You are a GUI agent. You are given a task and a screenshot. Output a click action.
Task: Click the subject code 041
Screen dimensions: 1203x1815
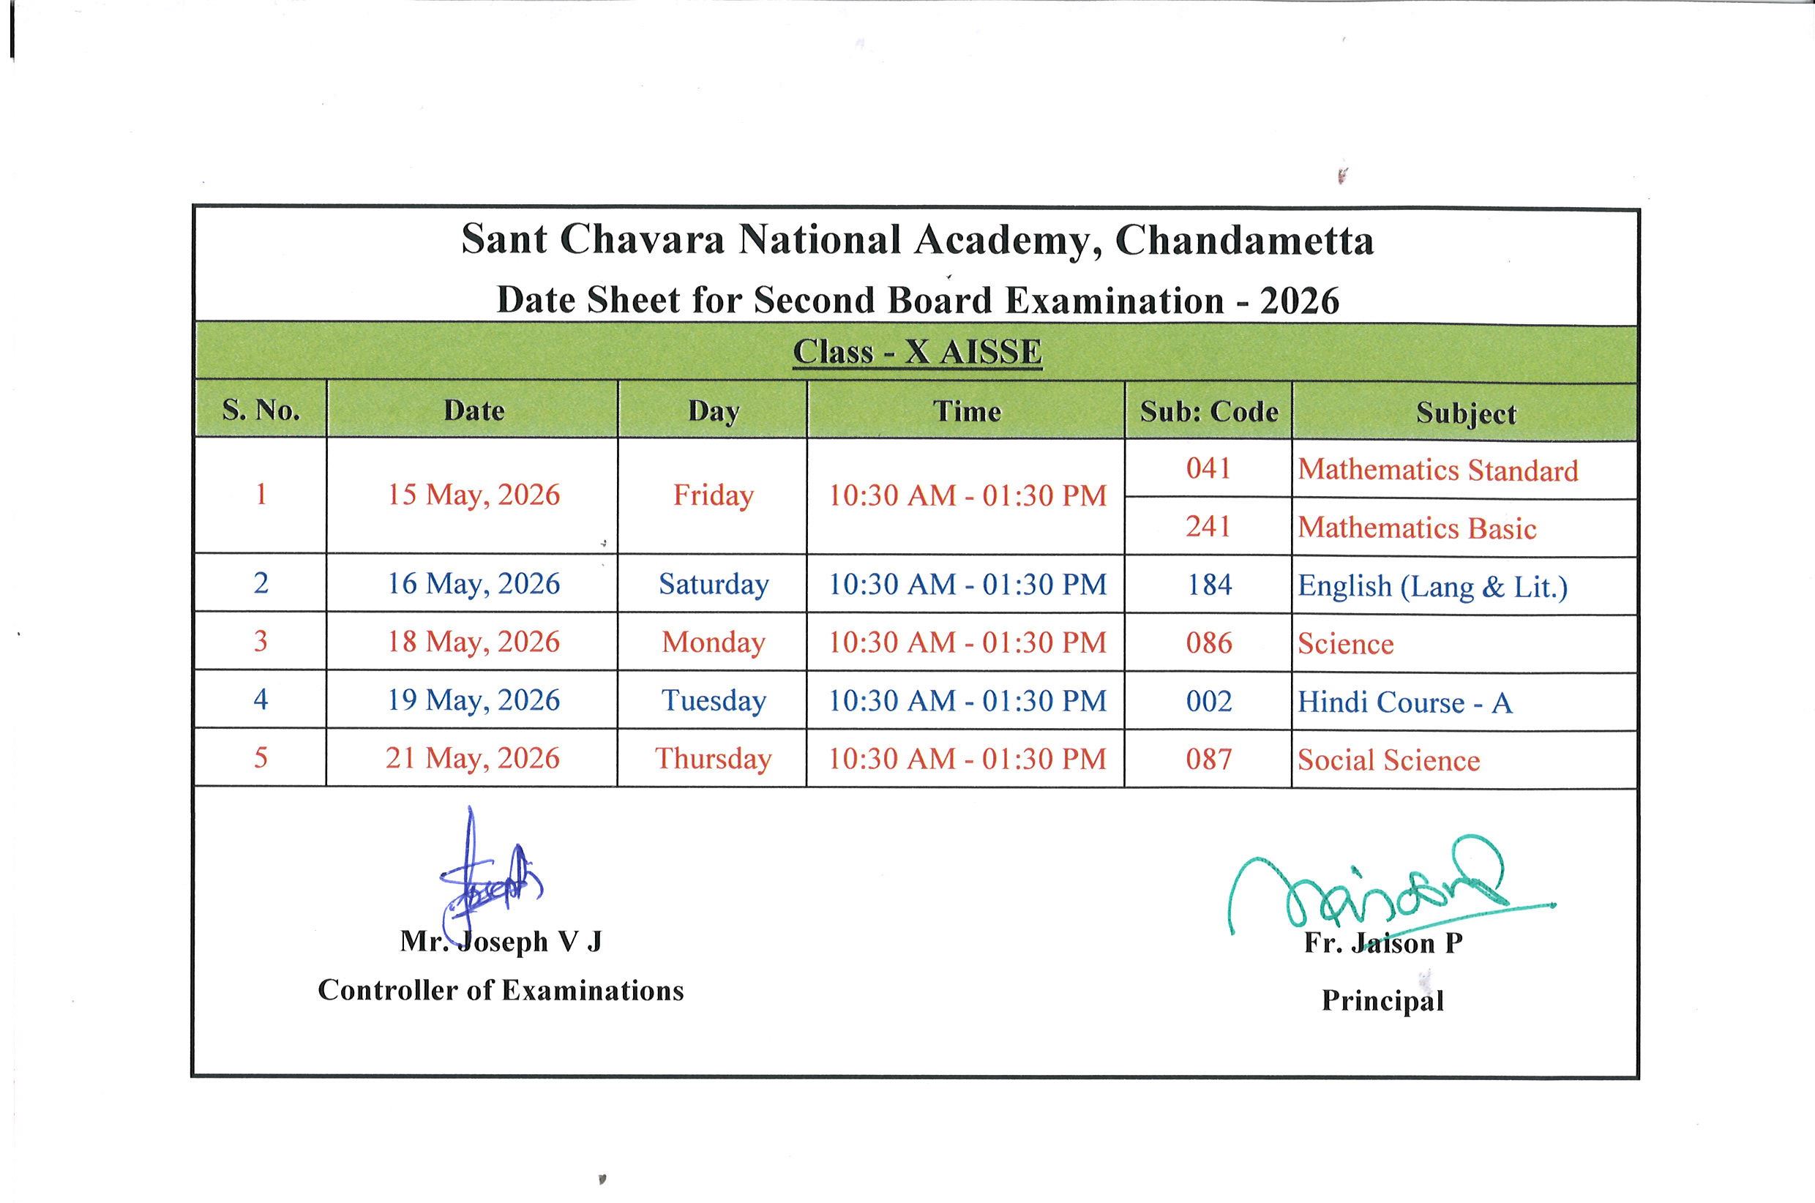point(1208,468)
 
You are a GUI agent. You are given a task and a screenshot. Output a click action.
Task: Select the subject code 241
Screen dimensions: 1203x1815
point(1208,527)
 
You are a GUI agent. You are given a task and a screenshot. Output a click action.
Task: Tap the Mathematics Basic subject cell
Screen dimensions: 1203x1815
point(1417,528)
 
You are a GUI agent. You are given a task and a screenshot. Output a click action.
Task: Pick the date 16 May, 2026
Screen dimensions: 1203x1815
point(474,584)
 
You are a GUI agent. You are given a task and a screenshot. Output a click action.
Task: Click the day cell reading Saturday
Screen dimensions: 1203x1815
point(714,585)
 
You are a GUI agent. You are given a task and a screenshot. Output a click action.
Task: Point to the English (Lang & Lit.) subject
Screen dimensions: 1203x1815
point(1432,587)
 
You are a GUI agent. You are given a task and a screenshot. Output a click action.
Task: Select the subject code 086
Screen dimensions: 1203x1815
point(1209,643)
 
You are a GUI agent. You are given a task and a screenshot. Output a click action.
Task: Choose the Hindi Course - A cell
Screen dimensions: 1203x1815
point(1404,702)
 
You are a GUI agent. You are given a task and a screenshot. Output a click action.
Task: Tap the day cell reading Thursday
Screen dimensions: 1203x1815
point(714,759)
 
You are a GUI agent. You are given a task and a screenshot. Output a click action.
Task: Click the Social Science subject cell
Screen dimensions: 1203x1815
point(1388,760)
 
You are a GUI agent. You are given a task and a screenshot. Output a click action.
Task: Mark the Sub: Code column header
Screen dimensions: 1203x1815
point(1209,412)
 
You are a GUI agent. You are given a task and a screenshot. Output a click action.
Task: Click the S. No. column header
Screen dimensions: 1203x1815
point(261,411)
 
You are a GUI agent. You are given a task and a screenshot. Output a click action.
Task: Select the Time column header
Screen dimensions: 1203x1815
point(967,412)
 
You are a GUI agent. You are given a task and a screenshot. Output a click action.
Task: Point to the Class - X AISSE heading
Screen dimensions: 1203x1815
point(918,352)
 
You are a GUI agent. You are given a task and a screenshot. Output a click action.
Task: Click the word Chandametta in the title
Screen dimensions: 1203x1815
point(1243,241)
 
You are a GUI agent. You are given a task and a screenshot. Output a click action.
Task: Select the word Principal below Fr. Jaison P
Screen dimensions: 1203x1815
point(1382,1000)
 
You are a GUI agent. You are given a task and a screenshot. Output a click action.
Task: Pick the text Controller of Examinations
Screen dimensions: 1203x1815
point(501,991)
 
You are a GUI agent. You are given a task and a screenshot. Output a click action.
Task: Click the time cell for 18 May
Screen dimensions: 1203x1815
point(968,643)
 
